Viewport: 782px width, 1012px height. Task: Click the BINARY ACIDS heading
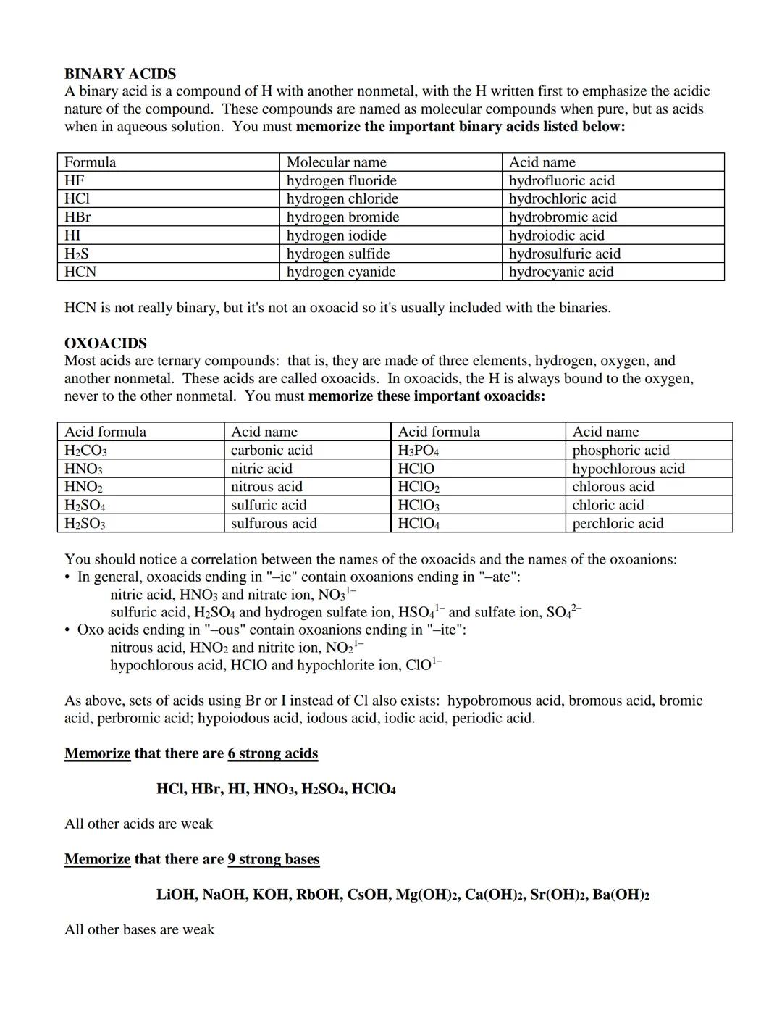pyautogui.click(x=120, y=74)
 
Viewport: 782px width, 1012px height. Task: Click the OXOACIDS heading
pyautogui.click(x=106, y=343)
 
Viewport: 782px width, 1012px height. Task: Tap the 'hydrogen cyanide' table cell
pyautogui.click(x=341, y=272)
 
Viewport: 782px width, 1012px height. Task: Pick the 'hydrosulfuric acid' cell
pyautogui.click(x=565, y=254)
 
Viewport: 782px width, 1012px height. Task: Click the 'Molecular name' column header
pyautogui.click(x=337, y=162)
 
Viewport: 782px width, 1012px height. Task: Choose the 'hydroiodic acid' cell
pyautogui.click(x=556, y=235)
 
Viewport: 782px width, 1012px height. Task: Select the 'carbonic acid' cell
pyautogui.click(x=272, y=450)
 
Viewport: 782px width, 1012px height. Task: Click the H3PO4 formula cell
pyautogui.click(x=419, y=450)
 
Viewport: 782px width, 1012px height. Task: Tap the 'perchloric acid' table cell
pyautogui.click(x=618, y=523)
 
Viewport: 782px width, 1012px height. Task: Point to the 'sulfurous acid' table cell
pyautogui.click(x=274, y=523)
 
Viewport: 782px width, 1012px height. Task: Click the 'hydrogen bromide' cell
pyautogui.click(x=342, y=217)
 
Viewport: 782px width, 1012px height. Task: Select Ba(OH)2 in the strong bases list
pyautogui.click(x=621, y=895)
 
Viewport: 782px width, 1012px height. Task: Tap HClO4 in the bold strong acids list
pyautogui.click(x=374, y=789)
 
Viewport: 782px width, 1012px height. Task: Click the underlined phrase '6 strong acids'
pyautogui.click(x=273, y=753)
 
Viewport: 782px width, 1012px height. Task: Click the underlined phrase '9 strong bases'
pyautogui.click(x=274, y=859)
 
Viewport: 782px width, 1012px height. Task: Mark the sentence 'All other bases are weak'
pyautogui.click(x=140, y=929)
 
